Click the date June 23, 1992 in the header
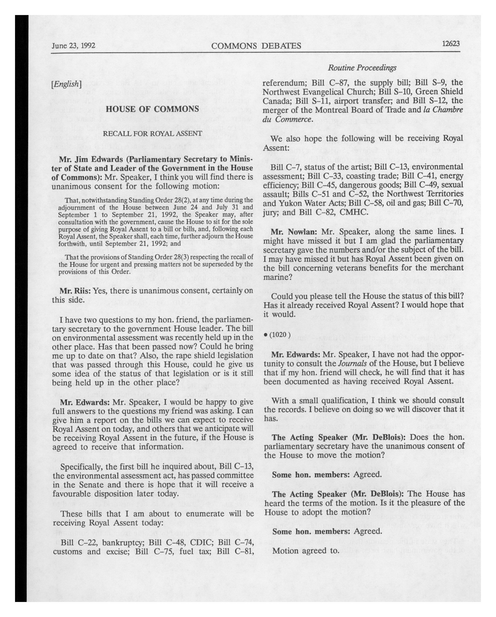74,46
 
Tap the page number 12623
451,44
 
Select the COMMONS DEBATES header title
256,46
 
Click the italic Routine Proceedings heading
362,68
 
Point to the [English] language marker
66,84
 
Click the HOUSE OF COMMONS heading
152,109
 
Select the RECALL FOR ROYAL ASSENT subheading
152,134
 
